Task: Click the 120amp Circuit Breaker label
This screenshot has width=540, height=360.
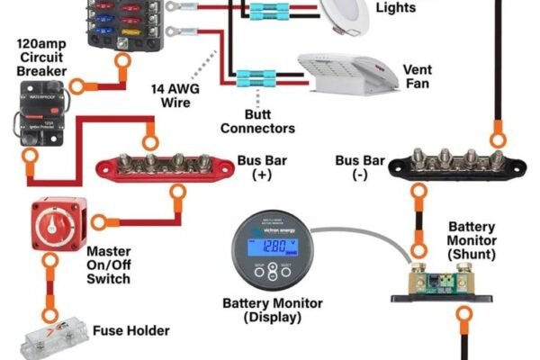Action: coord(38,59)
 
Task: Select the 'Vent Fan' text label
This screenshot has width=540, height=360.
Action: coord(417,76)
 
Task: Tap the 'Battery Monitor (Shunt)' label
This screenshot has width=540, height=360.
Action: coord(472,241)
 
